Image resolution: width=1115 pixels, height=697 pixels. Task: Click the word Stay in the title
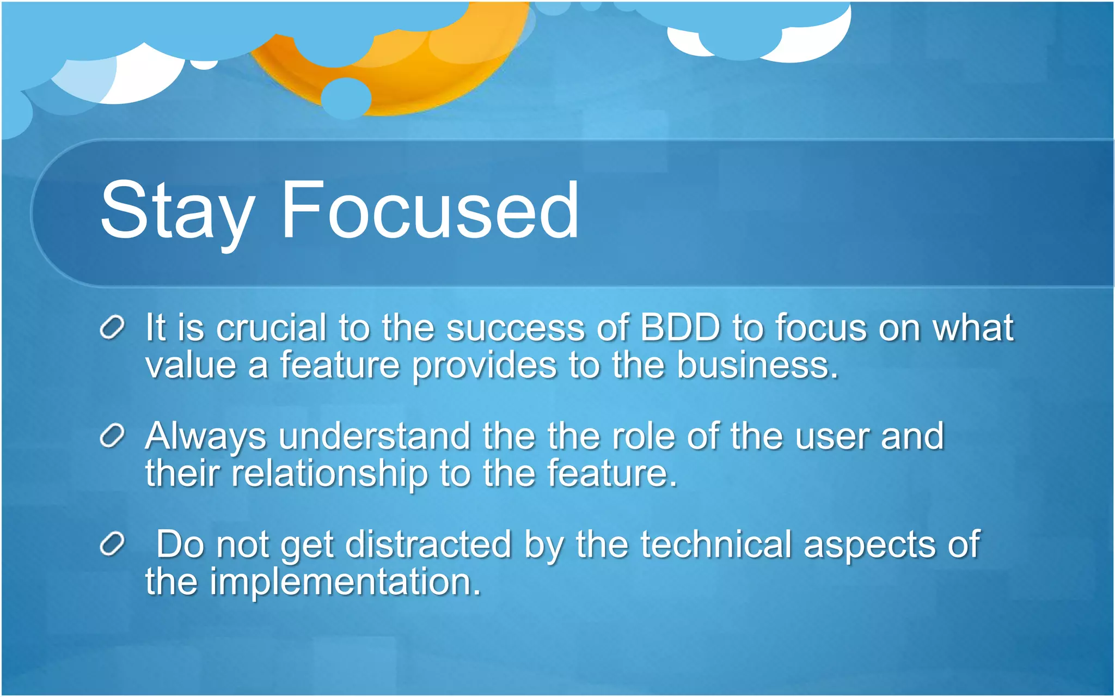pyautogui.click(x=177, y=211)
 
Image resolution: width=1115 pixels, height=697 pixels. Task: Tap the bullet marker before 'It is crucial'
pyautogui.click(x=113, y=328)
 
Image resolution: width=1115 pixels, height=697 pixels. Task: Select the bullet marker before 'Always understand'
pyautogui.click(x=113, y=436)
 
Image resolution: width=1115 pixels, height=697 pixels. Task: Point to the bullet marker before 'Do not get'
pyautogui.click(x=113, y=545)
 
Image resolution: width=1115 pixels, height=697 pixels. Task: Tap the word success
pyautogui.click(x=515, y=329)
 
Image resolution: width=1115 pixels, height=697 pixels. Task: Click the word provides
pyautogui.click(x=484, y=366)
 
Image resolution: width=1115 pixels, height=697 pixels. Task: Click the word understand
pyautogui.click(x=375, y=436)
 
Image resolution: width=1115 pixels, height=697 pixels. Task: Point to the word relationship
pyautogui.click(x=330, y=473)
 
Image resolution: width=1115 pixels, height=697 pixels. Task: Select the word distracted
pyautogui.click(x=428, y=545)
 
